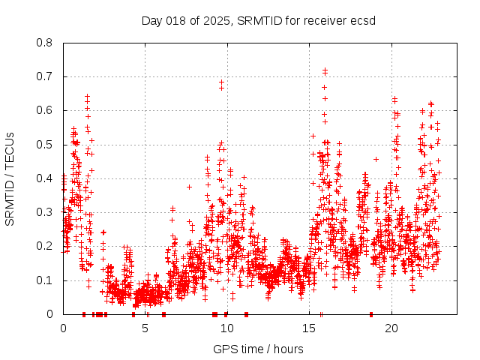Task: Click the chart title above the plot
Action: point(258,20)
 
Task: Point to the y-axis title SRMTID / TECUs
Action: point(10,178)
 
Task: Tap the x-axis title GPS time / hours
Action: point(258,349)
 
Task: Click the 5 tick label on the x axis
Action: point(145,328)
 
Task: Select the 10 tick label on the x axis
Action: point(227,328)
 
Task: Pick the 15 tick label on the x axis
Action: point(309,328)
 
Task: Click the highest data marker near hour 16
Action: point(325,70)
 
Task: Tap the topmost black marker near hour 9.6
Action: point(221,82)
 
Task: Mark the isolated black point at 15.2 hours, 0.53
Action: point(313,136)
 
